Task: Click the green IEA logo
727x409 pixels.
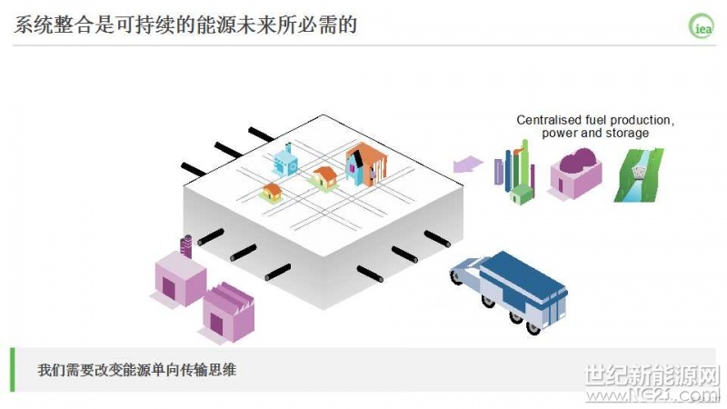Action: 702,25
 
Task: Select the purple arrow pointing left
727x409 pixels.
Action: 469,165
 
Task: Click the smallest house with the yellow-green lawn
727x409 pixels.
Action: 271,192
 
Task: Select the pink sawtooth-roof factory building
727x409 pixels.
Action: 227,312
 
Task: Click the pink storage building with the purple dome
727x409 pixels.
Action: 574,174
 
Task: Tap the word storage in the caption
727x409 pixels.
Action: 627,134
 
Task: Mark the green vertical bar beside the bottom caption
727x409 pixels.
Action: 13,370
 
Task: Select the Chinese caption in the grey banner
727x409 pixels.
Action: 136,371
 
